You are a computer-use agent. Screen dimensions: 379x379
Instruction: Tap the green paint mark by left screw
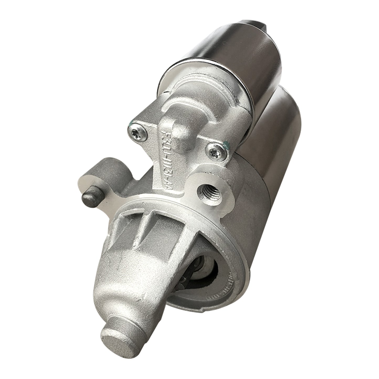click(130, 123)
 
